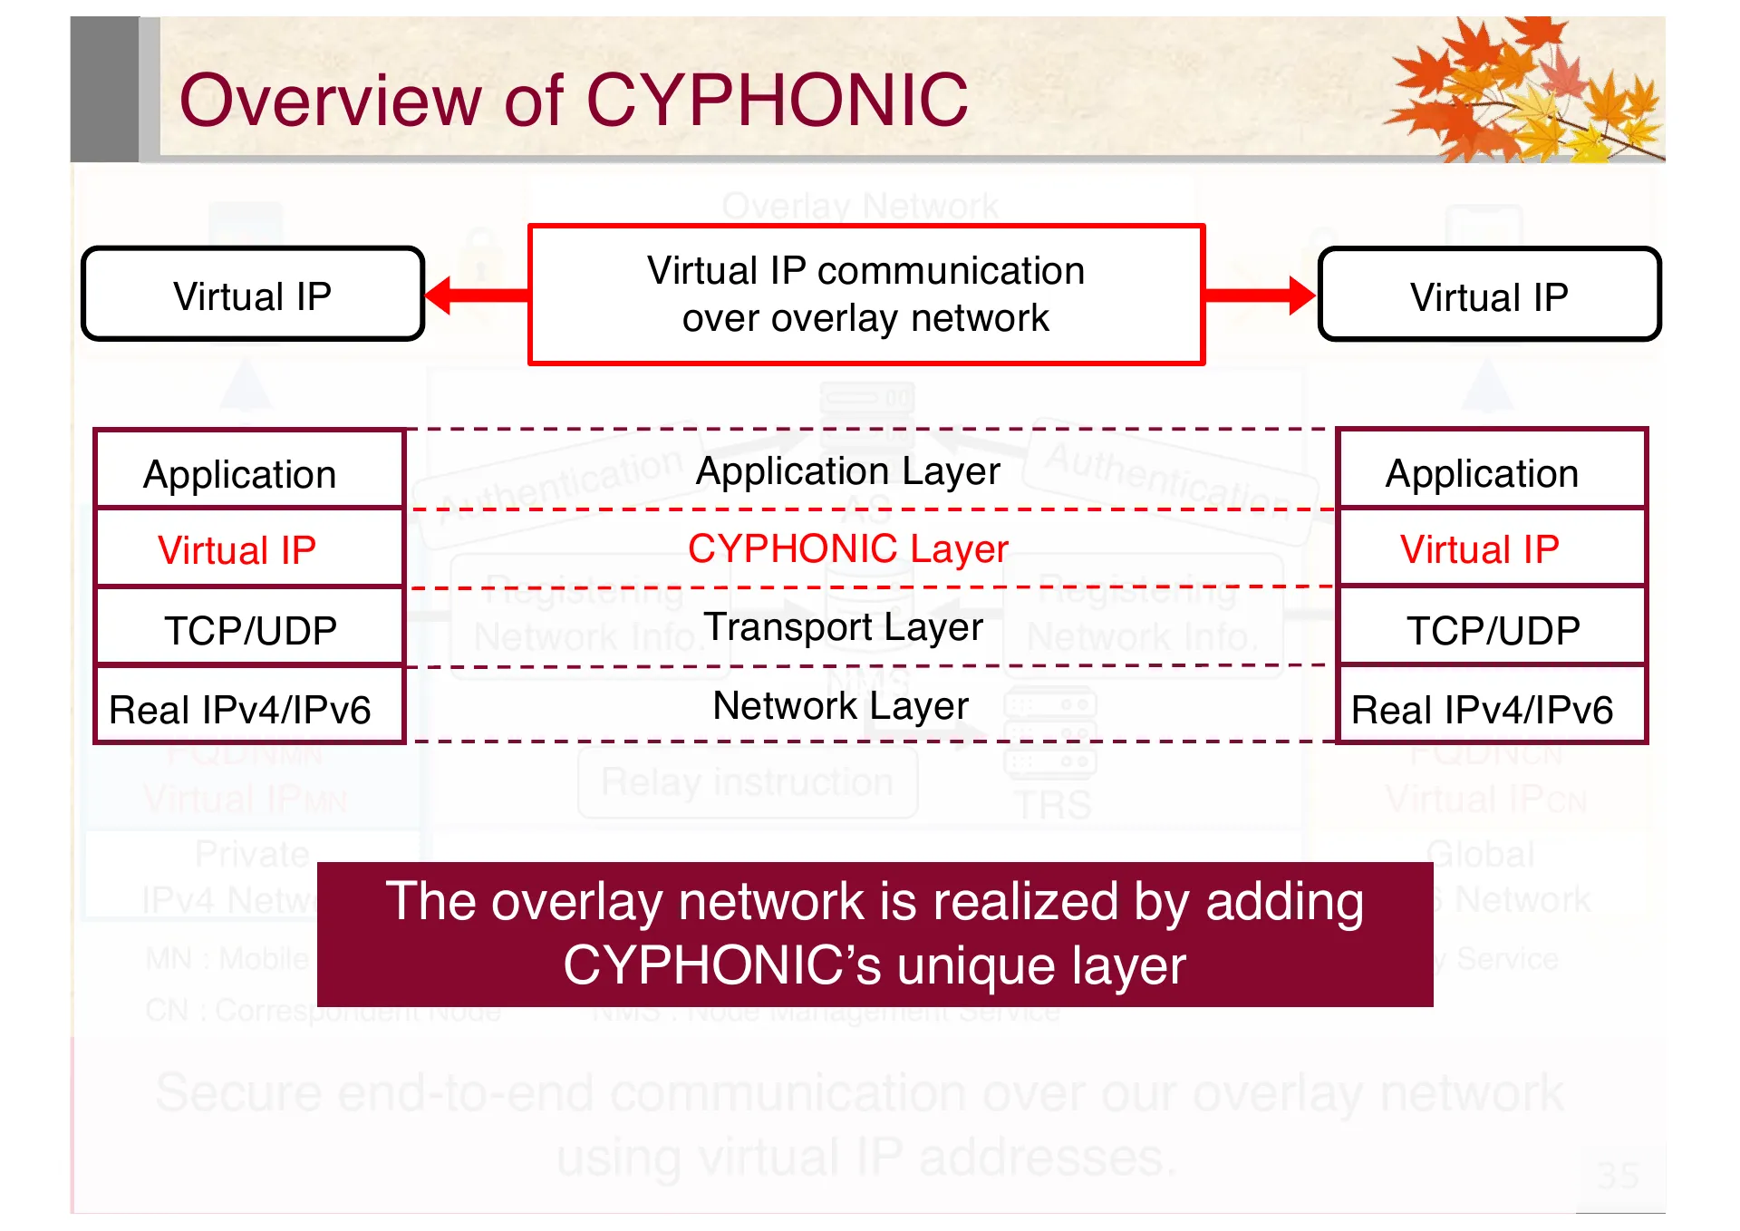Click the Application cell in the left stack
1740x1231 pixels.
(x=240, y=474)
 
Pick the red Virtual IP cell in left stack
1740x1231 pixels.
(x=237, y=550)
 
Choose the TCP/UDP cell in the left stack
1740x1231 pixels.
(x=250, y=630)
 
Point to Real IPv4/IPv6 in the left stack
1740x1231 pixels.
(x=240, y=710)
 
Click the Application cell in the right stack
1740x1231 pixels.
(x=1482, y=473)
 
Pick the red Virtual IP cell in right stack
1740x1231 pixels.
(x=1480, y=549)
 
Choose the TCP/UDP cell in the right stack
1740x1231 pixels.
(x=1493, y=630)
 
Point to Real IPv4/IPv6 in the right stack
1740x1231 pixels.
(x=1482, y=710)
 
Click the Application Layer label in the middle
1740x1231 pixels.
(x=847, y=471)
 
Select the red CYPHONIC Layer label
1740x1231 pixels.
(x=847, y=548)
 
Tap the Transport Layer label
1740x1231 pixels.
(x=843, y=627)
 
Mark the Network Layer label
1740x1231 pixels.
(x=840, y=706)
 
